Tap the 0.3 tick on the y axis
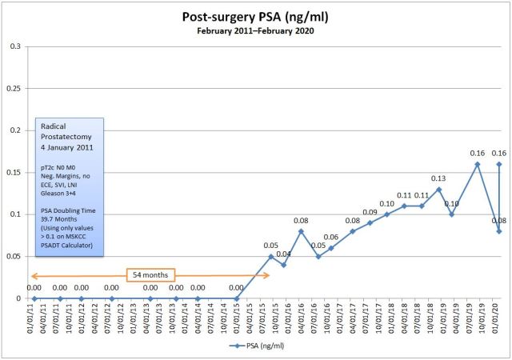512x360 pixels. pos(14,46)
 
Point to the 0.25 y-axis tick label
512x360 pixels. pos(13,89)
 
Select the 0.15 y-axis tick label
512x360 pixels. pos(13,172)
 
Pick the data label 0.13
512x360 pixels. pos(438,178)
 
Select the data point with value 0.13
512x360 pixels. pos(439,189)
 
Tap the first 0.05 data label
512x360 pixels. pos(271,245)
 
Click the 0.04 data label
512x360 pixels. pos(284,254)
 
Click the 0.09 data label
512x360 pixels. pos(370,212)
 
